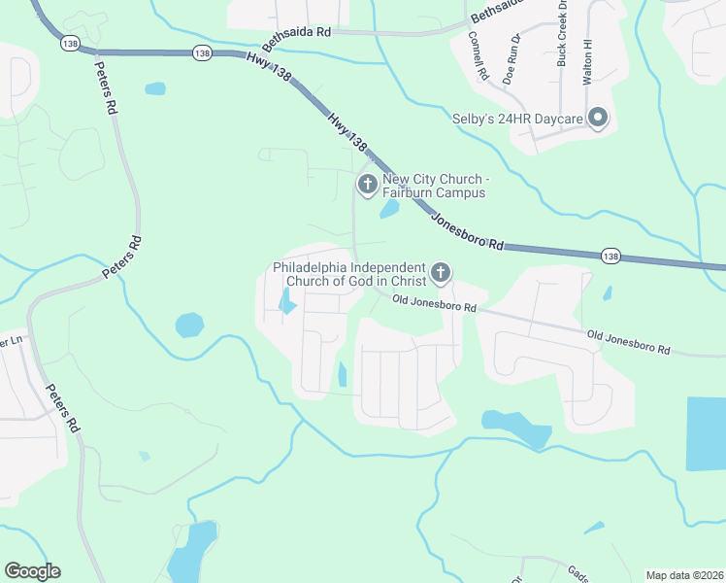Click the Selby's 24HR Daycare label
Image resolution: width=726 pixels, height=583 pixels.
click(x=517, y=120)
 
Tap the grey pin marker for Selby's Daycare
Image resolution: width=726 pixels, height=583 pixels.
click(x=598, y=120)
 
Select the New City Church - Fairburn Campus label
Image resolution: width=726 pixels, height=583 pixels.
click(x=434, y=186)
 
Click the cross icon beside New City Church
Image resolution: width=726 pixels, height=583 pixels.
click(x=367, y=184)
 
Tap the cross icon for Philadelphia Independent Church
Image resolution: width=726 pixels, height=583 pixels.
click(x=441, y=273)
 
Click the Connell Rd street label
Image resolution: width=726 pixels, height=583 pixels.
click(x=478, y=54)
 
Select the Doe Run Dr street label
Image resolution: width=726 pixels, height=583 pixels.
click(x=511, y=60)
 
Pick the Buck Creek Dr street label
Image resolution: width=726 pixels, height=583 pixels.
click(x=561, y=40)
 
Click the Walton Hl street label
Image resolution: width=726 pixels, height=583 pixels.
click(x=587, y=62)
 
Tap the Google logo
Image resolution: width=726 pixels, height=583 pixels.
click(x=32, y=570)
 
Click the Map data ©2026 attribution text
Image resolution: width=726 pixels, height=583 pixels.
click(x=683, y=575)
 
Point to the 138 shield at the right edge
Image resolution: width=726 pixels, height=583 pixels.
click(x=610, y=256)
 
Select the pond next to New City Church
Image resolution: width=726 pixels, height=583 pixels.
click(x=389, y=208)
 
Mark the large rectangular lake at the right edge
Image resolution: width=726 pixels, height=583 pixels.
click(x=706, y=433)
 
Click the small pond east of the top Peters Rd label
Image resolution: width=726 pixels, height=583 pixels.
click(x=155, y=88)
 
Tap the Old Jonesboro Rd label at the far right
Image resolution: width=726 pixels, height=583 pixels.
click(x=629, y=341)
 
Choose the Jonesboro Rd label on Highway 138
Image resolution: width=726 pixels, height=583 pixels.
click(x=469, y=231)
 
